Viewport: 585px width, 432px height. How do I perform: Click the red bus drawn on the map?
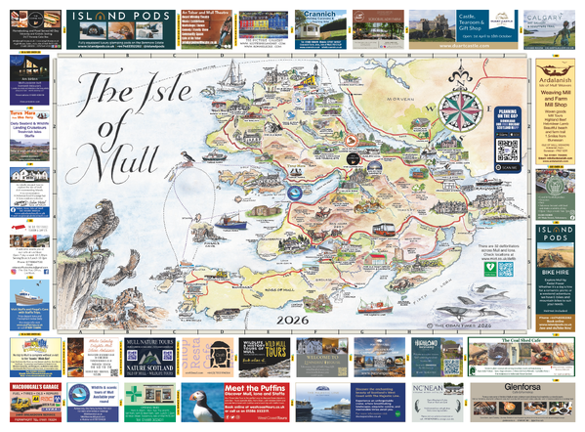390,231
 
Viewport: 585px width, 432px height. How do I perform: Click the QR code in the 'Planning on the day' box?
507,151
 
